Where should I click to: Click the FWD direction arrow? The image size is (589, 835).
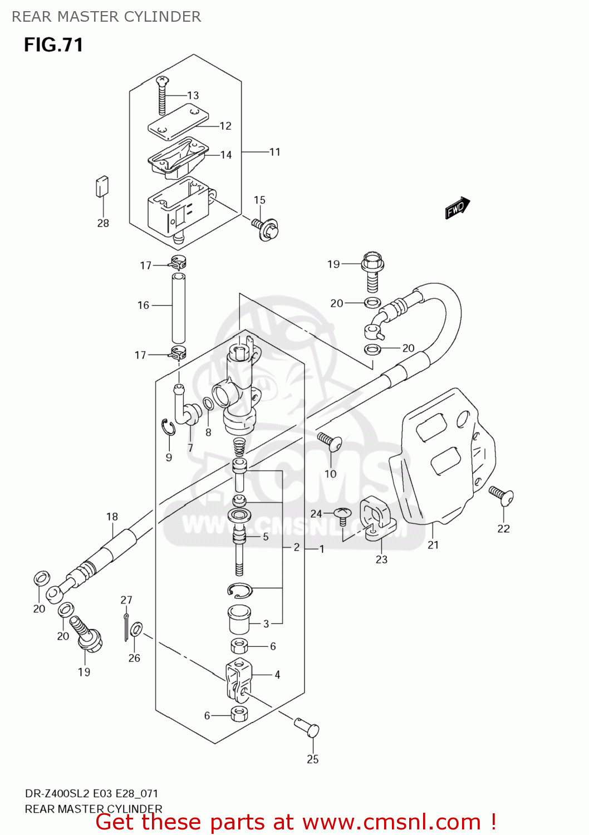458,208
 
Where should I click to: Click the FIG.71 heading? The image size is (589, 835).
53,45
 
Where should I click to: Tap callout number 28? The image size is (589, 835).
103,223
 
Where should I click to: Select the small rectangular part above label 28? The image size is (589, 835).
102,186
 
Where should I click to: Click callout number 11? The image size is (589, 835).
275,152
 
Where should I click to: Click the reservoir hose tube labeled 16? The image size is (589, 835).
178,308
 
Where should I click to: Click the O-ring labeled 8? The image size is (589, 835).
208,404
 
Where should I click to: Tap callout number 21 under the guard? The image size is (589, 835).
433,545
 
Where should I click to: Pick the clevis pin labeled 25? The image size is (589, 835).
307,727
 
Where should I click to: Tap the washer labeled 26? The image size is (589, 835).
136,630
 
